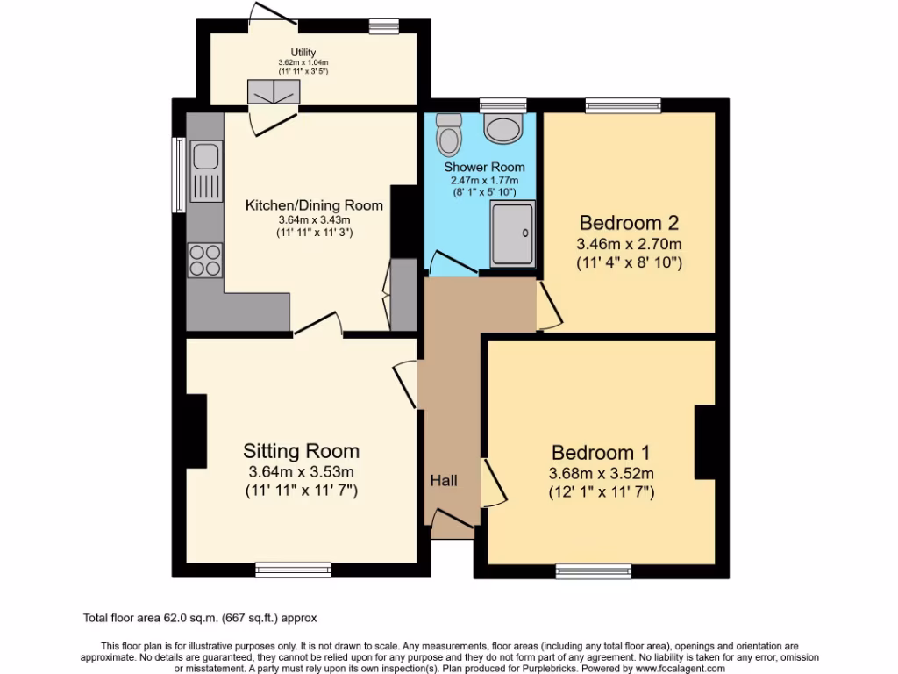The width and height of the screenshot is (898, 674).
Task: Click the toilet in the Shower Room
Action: pos(450,138)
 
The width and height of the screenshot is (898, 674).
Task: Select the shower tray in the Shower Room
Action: pos(511,233)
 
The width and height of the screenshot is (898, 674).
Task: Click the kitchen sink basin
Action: pos(206,157)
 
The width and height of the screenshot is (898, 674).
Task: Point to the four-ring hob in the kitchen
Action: pos(205,261)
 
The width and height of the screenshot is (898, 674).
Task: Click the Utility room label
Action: pos(297,53)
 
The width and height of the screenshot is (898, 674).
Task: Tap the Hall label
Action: pos(443,481)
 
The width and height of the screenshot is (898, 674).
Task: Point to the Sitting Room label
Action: pos(301,451)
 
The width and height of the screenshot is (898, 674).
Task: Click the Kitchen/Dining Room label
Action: pos(314,205)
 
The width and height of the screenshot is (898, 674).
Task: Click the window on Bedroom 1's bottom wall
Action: pos(594,571)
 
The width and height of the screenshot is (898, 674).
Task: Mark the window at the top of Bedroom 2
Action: pos(624,105)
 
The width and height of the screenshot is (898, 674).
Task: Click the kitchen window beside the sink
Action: pos(179,175)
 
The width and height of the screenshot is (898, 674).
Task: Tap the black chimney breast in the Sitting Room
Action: pos(196,431)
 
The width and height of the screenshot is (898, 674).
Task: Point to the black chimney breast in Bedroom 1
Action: pos(706,441)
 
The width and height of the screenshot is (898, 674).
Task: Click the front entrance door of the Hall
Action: pos(453,526)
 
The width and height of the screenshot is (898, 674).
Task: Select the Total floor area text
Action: pos(206,618)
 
